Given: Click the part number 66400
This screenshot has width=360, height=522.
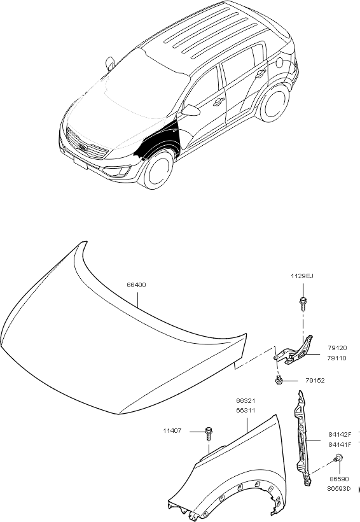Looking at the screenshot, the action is pos(136,285).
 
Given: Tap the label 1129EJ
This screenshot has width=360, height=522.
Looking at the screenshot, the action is pos(302,276).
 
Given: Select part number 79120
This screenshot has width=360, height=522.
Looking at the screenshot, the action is pos(337,348).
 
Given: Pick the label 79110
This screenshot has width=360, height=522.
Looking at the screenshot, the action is pos(336,358).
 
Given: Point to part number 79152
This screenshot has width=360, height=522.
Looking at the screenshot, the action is pos(315,381).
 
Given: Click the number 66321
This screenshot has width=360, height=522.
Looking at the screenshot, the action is pos(246,401).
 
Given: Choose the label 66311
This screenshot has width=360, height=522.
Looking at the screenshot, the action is pos(246,411).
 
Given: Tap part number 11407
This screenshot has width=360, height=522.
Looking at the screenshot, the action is pos(172,431).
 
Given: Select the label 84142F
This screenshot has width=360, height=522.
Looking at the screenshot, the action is pos(340,434).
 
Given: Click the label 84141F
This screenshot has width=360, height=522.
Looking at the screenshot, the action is pos(340,444).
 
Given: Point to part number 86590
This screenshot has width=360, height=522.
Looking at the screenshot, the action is pos(340,479).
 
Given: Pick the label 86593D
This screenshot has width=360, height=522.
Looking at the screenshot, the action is pos(339,489).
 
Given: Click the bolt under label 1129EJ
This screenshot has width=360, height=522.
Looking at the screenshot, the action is pos(303,302).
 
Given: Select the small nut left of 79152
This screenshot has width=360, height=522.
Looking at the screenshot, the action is pos(279,379).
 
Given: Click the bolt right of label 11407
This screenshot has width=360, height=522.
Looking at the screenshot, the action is pos(209,433).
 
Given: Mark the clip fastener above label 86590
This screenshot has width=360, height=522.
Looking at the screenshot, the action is pos(338,458).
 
